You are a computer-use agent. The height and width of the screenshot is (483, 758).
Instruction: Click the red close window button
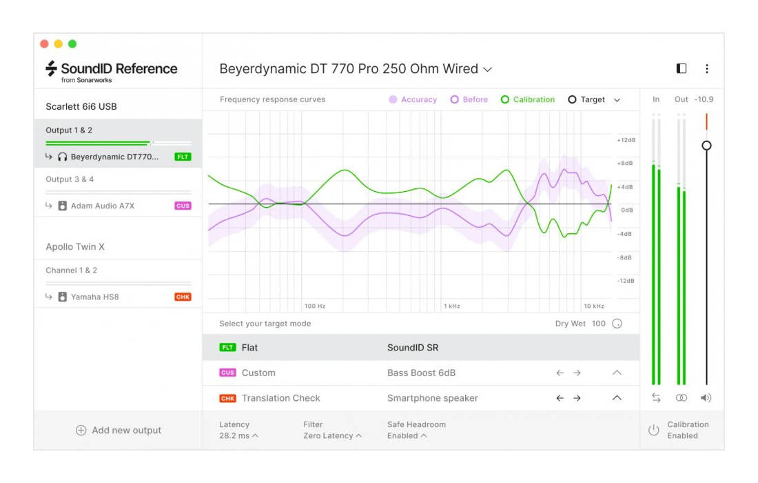[45, 44]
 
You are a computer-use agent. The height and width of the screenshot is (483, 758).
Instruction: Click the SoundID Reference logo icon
[51, 68]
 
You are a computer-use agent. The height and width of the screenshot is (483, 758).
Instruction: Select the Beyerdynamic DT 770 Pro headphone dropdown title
[355, 69]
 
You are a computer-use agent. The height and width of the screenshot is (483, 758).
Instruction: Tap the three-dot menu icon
[706, 69]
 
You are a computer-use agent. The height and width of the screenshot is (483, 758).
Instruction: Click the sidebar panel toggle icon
[682, 69]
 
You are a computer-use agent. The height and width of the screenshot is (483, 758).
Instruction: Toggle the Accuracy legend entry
[413, 100]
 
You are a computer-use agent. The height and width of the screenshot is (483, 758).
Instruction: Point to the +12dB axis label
[625, 140]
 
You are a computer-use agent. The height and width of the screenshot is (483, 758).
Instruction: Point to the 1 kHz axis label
[452, 306]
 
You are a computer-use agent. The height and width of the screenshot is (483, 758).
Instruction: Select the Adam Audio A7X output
[103, 206]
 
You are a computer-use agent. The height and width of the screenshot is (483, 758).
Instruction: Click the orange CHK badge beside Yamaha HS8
[183, 297]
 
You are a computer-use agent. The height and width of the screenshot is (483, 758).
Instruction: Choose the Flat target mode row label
[249, 348]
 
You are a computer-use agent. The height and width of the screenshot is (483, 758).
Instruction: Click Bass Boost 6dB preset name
[421, 373]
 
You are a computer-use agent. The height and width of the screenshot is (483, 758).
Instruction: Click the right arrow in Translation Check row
[577, 398]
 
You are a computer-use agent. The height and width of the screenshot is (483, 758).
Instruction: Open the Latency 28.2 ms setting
[238, 436]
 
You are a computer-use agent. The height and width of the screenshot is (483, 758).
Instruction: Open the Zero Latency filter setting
[332, 436]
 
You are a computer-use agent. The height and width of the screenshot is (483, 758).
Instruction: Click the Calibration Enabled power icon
[653, 431]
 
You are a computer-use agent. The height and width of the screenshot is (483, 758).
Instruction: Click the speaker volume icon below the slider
[706, 398]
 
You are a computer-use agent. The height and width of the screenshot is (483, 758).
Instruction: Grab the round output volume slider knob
[706, 146]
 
